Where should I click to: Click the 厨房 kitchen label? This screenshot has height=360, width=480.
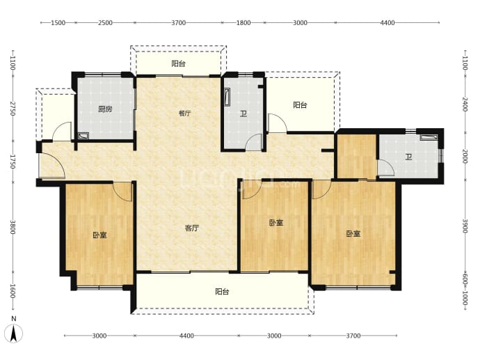coord(105,109)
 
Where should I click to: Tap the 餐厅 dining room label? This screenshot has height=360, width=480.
coord(184,114)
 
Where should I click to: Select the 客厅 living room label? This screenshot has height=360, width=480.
coord(192,228)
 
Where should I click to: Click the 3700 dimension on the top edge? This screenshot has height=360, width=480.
coord(179,23)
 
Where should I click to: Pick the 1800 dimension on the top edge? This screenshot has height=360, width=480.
coord(243,23)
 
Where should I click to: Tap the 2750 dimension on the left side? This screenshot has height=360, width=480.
coord(13,108)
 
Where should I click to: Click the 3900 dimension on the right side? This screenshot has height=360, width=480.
coord(465,226)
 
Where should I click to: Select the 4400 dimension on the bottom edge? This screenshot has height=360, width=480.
coord(186,336)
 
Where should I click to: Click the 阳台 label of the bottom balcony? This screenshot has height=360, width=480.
coord(222,292)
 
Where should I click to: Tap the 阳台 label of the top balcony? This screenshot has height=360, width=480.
coord(179,64)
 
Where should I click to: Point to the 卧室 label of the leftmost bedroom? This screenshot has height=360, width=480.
coord(99,235)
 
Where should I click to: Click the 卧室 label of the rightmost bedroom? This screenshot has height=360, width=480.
coord(353,234)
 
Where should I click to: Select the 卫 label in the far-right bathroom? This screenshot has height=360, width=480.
coord(408,157)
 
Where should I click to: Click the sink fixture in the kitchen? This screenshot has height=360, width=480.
coord(83,136)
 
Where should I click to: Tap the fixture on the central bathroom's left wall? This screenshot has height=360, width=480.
coord(227,97)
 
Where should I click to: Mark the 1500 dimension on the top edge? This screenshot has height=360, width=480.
coord(58,23)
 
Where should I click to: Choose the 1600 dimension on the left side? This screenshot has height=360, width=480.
coord(13,291)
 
